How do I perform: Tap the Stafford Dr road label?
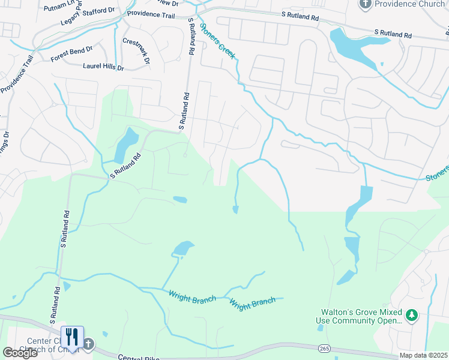coord(96,12)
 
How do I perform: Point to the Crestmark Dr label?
coord(136,51)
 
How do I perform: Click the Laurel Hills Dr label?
coord(103,68)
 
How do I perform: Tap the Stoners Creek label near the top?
coord(218,41)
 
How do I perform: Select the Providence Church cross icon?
coord(366,4)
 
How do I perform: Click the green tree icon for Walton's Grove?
coord(411,315)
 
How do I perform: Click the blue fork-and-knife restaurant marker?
coord(71,337)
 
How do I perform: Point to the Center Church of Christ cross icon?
coord(88,344)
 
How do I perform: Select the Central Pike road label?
coord(139,357)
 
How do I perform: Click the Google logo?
coord(20,353)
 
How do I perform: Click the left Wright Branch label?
coord(191,296)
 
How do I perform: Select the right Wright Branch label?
coord(253,302)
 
